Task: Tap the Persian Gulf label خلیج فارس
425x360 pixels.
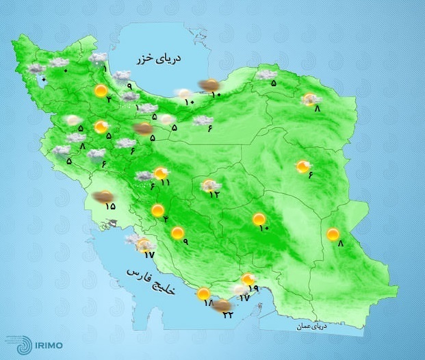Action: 151,282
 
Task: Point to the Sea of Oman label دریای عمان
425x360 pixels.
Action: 313,327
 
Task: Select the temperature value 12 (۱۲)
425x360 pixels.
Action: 215,194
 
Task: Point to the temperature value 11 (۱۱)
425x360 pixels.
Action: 165,183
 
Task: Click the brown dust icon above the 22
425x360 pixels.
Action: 220,305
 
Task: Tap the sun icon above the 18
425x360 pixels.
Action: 203,295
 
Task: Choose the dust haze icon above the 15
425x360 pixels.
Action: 103,196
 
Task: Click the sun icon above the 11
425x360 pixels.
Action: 161,172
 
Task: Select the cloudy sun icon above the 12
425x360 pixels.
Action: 210,184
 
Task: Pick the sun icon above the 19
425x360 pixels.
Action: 249,279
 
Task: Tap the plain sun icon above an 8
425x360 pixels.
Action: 333,234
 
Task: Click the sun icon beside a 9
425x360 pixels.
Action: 178,233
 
